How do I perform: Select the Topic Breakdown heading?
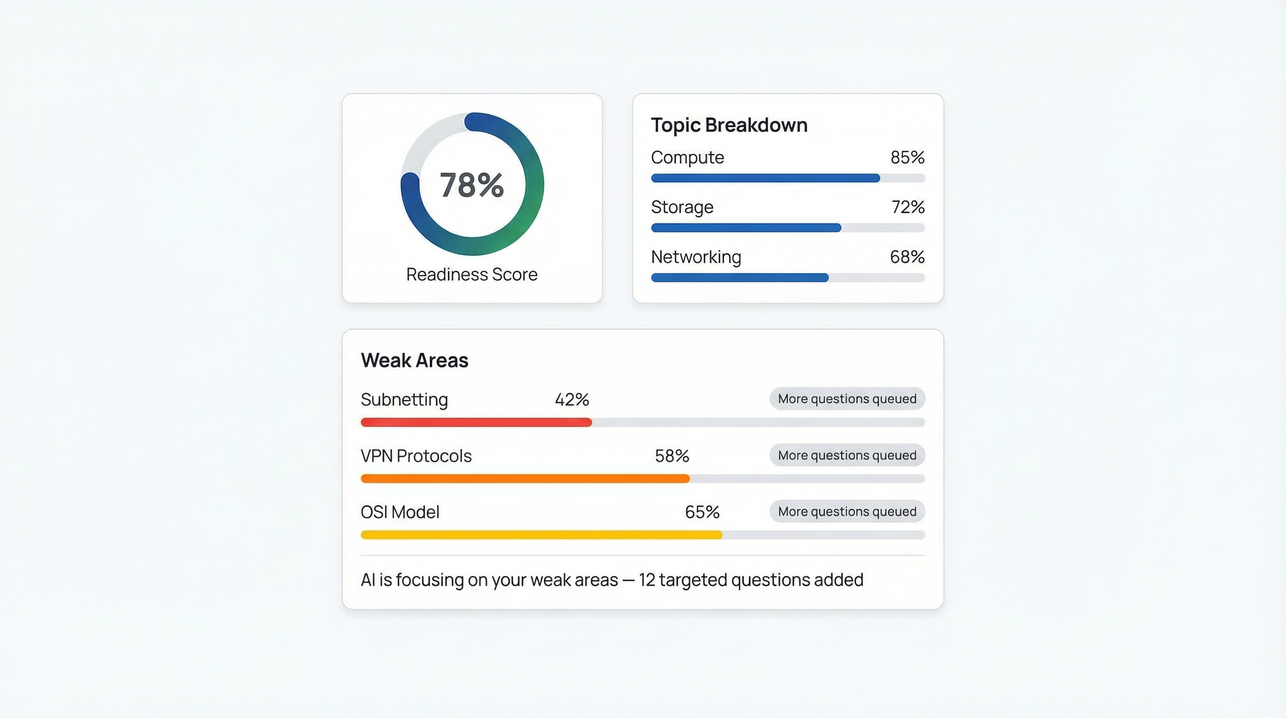pos(729,125)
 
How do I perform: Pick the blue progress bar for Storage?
pos(746,228)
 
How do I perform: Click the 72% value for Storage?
pos(907,207)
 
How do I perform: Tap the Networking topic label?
pos(696,257)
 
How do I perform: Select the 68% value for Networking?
pos(907,257)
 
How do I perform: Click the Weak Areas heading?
pos(414,360)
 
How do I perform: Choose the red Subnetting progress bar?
pos(476,423)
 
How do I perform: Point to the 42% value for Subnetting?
pos(572,400)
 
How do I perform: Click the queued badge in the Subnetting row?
pos(847,399)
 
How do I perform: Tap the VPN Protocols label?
pos(416,456)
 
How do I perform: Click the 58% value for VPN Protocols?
pos(672,456)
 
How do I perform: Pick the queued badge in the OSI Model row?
pos(847,512)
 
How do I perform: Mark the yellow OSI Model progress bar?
pos(541,535)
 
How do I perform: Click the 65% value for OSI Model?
pos(701,512)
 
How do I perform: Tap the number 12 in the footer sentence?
pos(646,580)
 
